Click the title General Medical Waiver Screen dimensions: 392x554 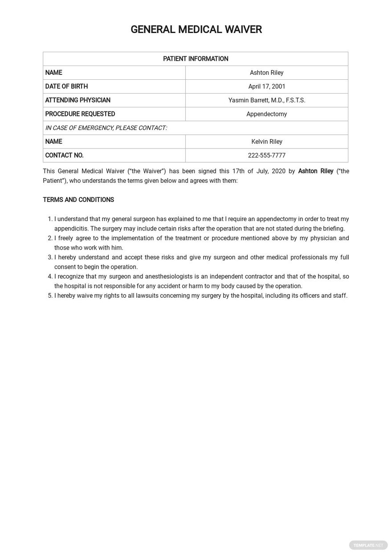[x=196, y=29]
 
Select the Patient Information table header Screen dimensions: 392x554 [x=196, y=59]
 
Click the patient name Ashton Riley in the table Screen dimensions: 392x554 [x=266, y=73]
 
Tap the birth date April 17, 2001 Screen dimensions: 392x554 [x=266, y=86]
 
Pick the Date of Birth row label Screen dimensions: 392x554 [x=66, y=86]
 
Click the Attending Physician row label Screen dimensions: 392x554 [x=78, y=100]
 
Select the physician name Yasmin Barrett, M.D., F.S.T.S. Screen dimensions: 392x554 [x=266, y=100]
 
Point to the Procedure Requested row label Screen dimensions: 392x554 [x=80, y=114]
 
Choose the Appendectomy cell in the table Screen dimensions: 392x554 [x=266, y=114]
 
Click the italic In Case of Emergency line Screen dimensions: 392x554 [x=106, y=128]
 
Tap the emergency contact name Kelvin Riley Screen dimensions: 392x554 [x=266, y=142]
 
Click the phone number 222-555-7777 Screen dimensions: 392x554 [x=266, y=156]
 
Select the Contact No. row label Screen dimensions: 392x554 [x=64, y=156]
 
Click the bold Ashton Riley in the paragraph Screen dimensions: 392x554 [x=315, y=171]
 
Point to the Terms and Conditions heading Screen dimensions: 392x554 [x=78, y=200]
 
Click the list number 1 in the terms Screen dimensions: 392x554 [x=49, y=219]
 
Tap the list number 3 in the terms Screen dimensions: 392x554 [x=49, y=258]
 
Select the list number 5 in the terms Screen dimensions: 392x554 [x=49, y=296]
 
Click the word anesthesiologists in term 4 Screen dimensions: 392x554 [x=169, y=277]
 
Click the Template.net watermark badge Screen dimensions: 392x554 [x=368, y=545]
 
